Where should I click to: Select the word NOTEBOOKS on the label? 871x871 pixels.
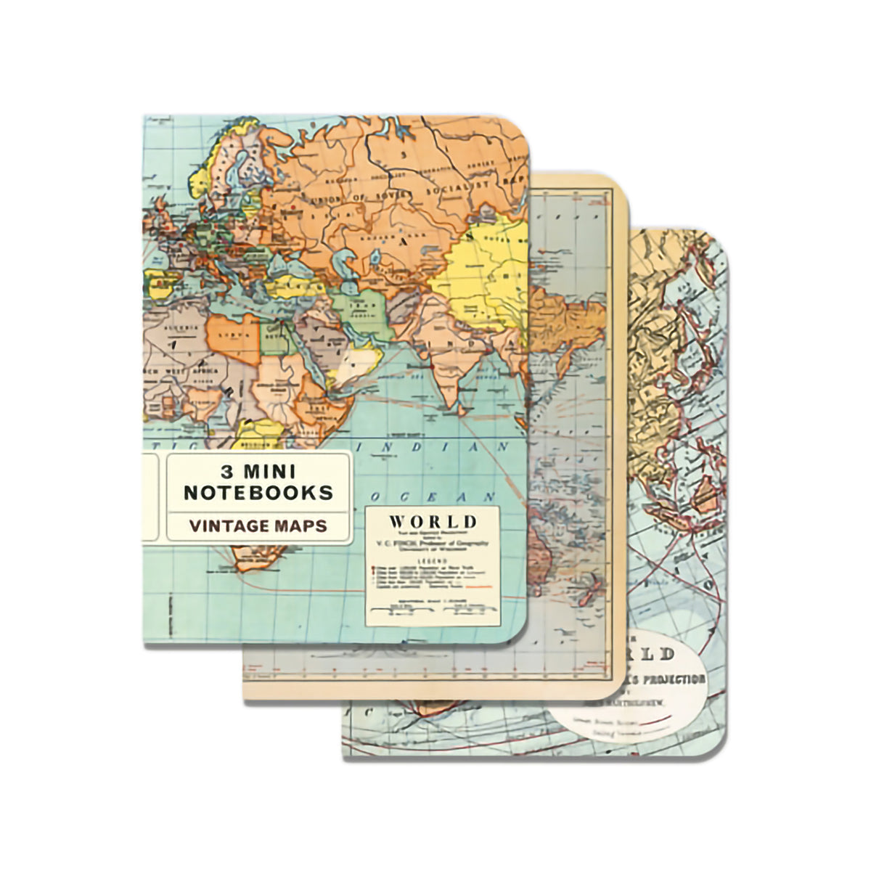(x=258, y=494)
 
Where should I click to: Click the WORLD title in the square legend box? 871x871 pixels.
(x=433, y=521)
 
